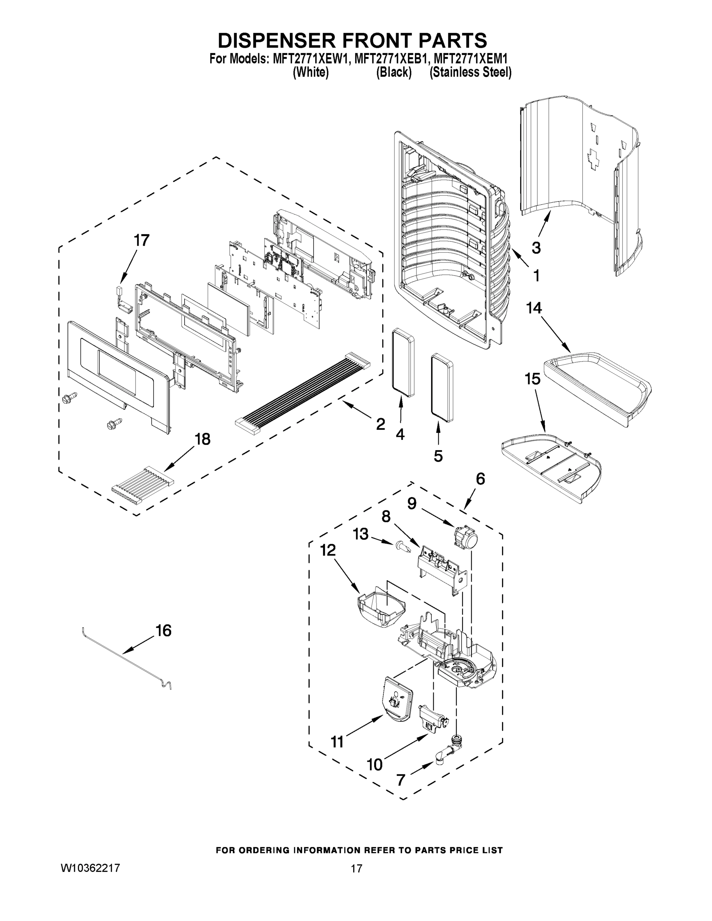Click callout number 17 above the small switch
(x=141, y=240)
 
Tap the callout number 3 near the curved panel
(x=536, y=248)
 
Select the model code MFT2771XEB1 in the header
(x=388, y=59)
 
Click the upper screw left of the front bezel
(x=69, y=398)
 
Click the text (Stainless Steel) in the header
(x=470, y=73)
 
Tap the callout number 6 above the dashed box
(x=480, y=479)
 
